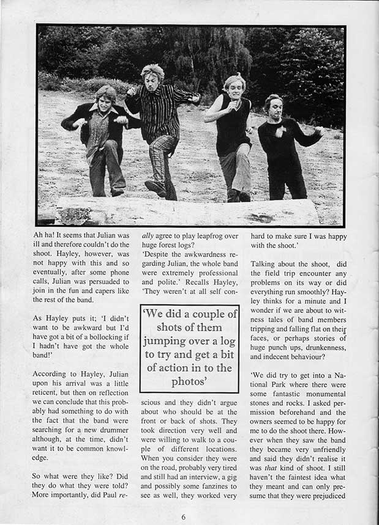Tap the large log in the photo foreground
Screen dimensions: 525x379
coord(184,211)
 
